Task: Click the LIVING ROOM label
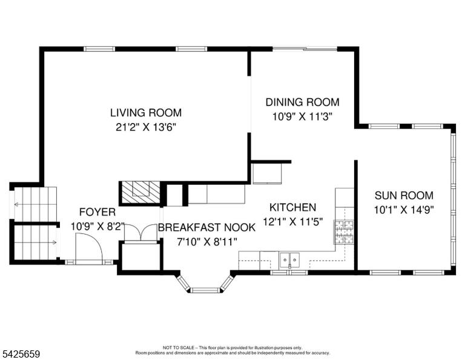pos(146,113)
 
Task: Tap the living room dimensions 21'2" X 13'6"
pos(146,127)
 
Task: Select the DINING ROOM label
pos(302,102)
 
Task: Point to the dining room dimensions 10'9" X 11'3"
pos(302,116)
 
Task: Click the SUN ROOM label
pos(404,196)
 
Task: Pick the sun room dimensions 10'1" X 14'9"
pos(404,210)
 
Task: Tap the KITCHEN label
pos(292,207)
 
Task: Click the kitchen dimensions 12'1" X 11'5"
pos(292,221)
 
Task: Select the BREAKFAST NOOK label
pos(206,228)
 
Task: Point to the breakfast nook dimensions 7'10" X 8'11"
pos(206,242)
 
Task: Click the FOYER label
pos(97,212)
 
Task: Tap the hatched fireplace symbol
pos(140,193)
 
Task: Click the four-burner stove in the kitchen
pos(345,232)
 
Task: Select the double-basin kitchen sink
pos(290,260)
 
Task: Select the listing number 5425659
pos(21,354)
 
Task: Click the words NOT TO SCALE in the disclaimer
pos(179,347)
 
